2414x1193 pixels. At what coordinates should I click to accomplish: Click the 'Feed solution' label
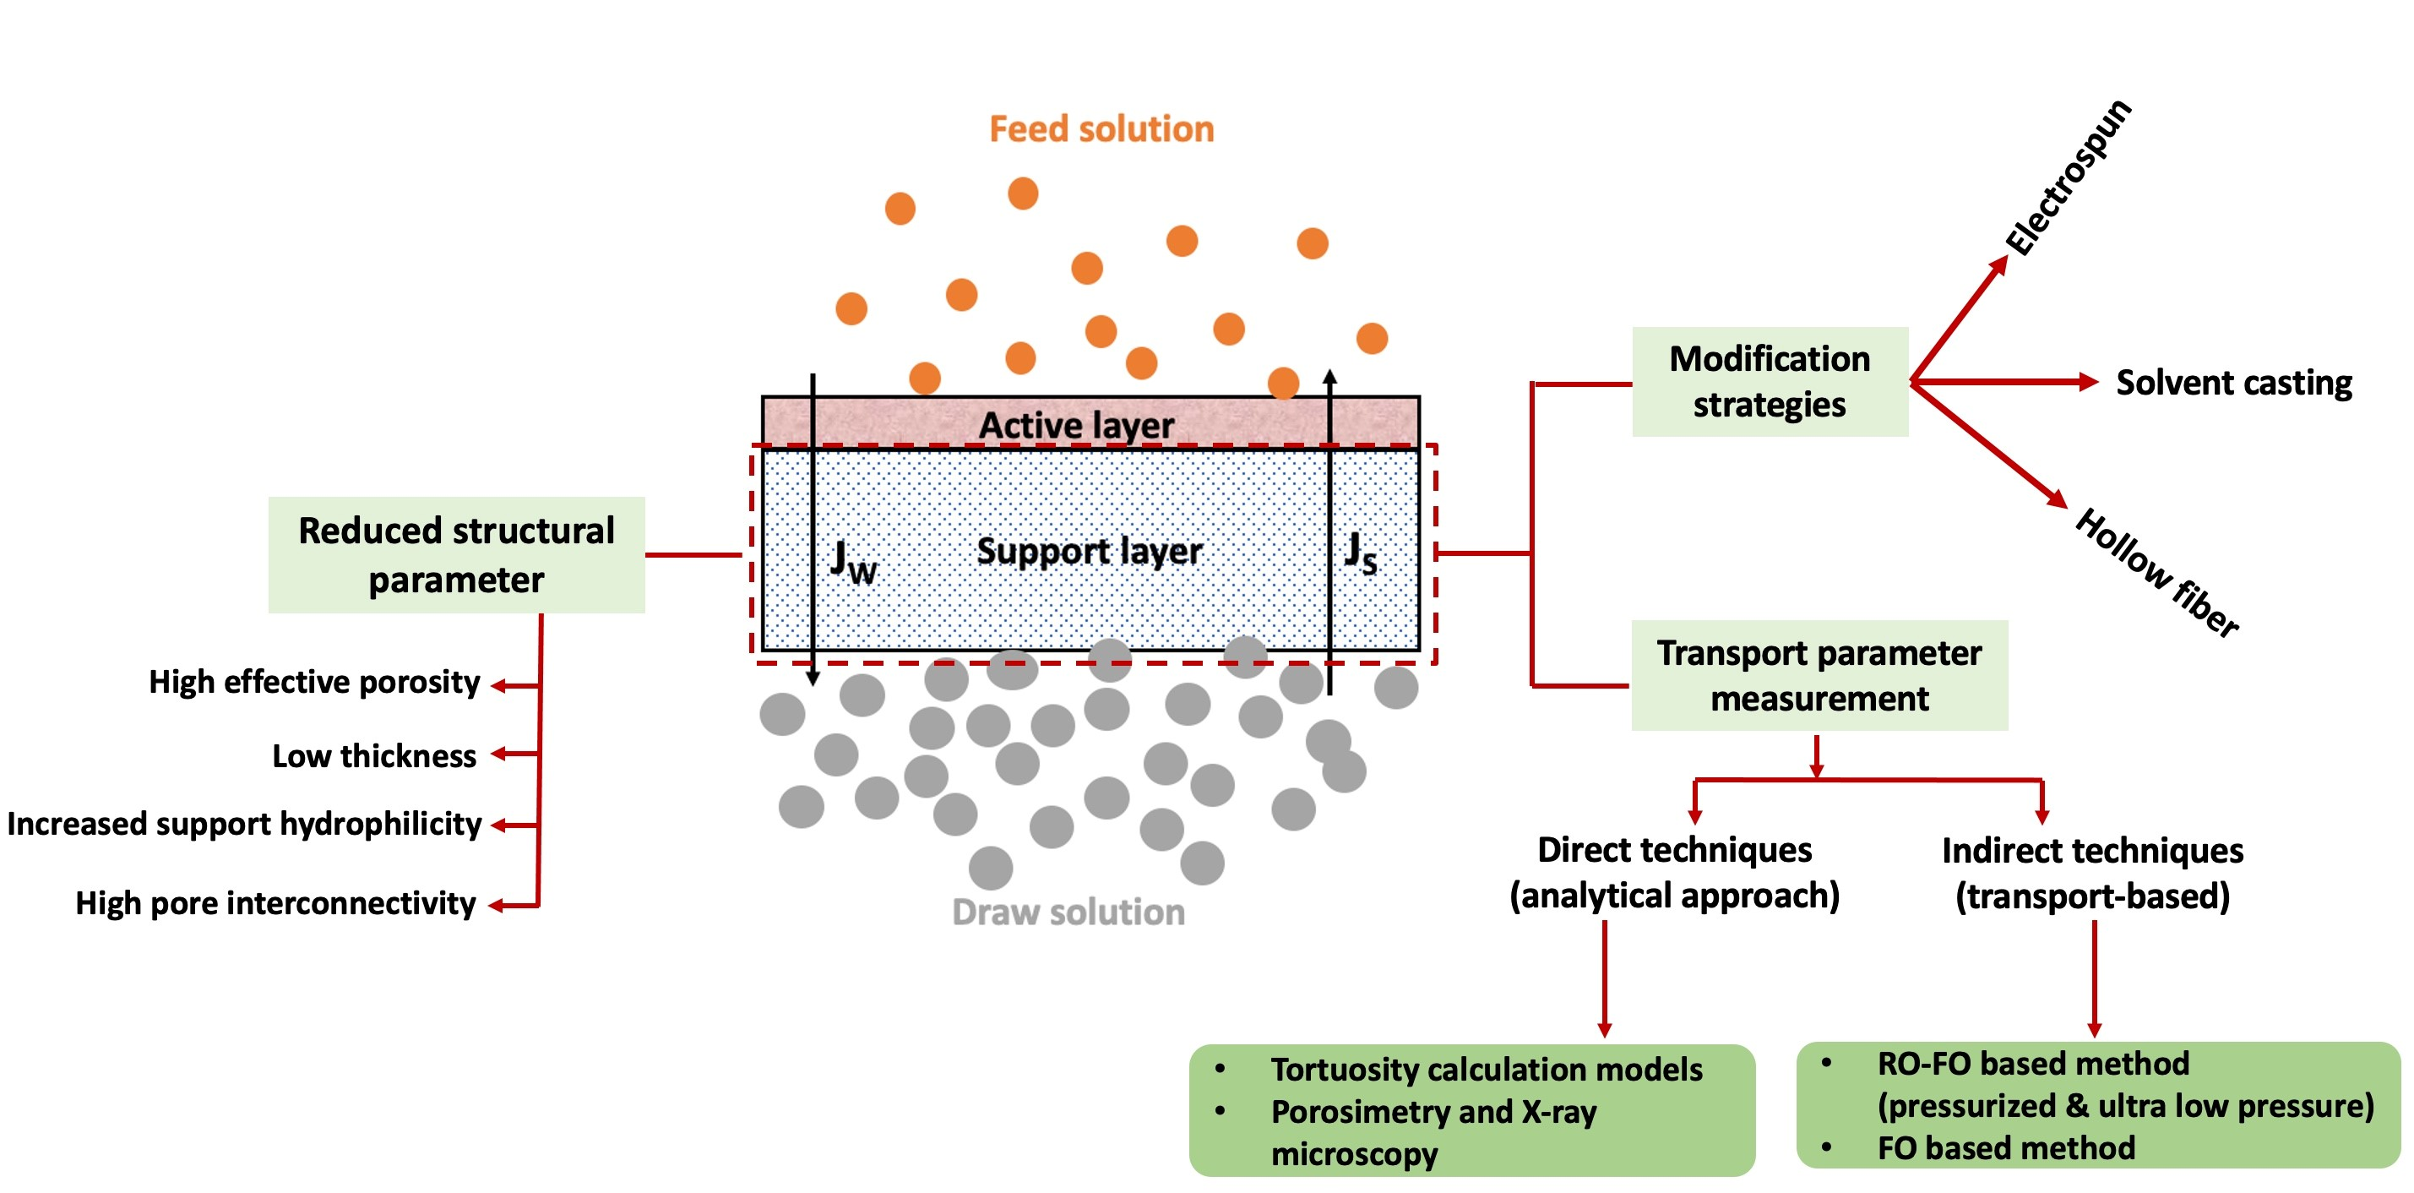[x=1101, y=129]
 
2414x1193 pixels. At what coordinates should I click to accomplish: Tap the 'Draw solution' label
[x=1068, y=912]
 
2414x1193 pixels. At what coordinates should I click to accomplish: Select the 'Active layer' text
[x=1076, y=426]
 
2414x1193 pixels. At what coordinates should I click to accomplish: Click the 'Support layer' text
[x=1089, y=551]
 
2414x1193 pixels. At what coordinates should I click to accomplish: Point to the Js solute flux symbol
[x=1360, y=553]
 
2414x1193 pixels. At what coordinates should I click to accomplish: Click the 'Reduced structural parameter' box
[x=456, y=555]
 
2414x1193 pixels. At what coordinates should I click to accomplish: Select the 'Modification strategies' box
[x=1770, y=381]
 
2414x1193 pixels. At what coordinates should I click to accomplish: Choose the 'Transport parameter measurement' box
[x=1819, y=675]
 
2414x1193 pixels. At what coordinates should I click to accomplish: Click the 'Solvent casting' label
[x=2234, y=383]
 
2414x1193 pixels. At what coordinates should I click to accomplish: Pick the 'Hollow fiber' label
[x=2156, y=574]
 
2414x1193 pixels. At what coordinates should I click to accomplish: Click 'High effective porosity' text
[x=314, y=682]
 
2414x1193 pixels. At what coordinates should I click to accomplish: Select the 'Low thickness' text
[x=374, y=755]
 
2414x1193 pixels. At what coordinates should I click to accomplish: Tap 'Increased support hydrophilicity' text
[x=243, y=824]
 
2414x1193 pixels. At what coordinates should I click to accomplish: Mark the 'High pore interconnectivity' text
[x=275, y=903]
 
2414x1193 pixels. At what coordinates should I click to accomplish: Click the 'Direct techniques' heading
[x=1675, y=850]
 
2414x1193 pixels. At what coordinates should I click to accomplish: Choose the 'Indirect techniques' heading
[x=2091, y=851]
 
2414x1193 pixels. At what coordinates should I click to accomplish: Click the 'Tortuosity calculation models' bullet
[x=1487, y=1070]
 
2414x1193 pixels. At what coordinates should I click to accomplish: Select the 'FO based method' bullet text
[x=2005, y=1148]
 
